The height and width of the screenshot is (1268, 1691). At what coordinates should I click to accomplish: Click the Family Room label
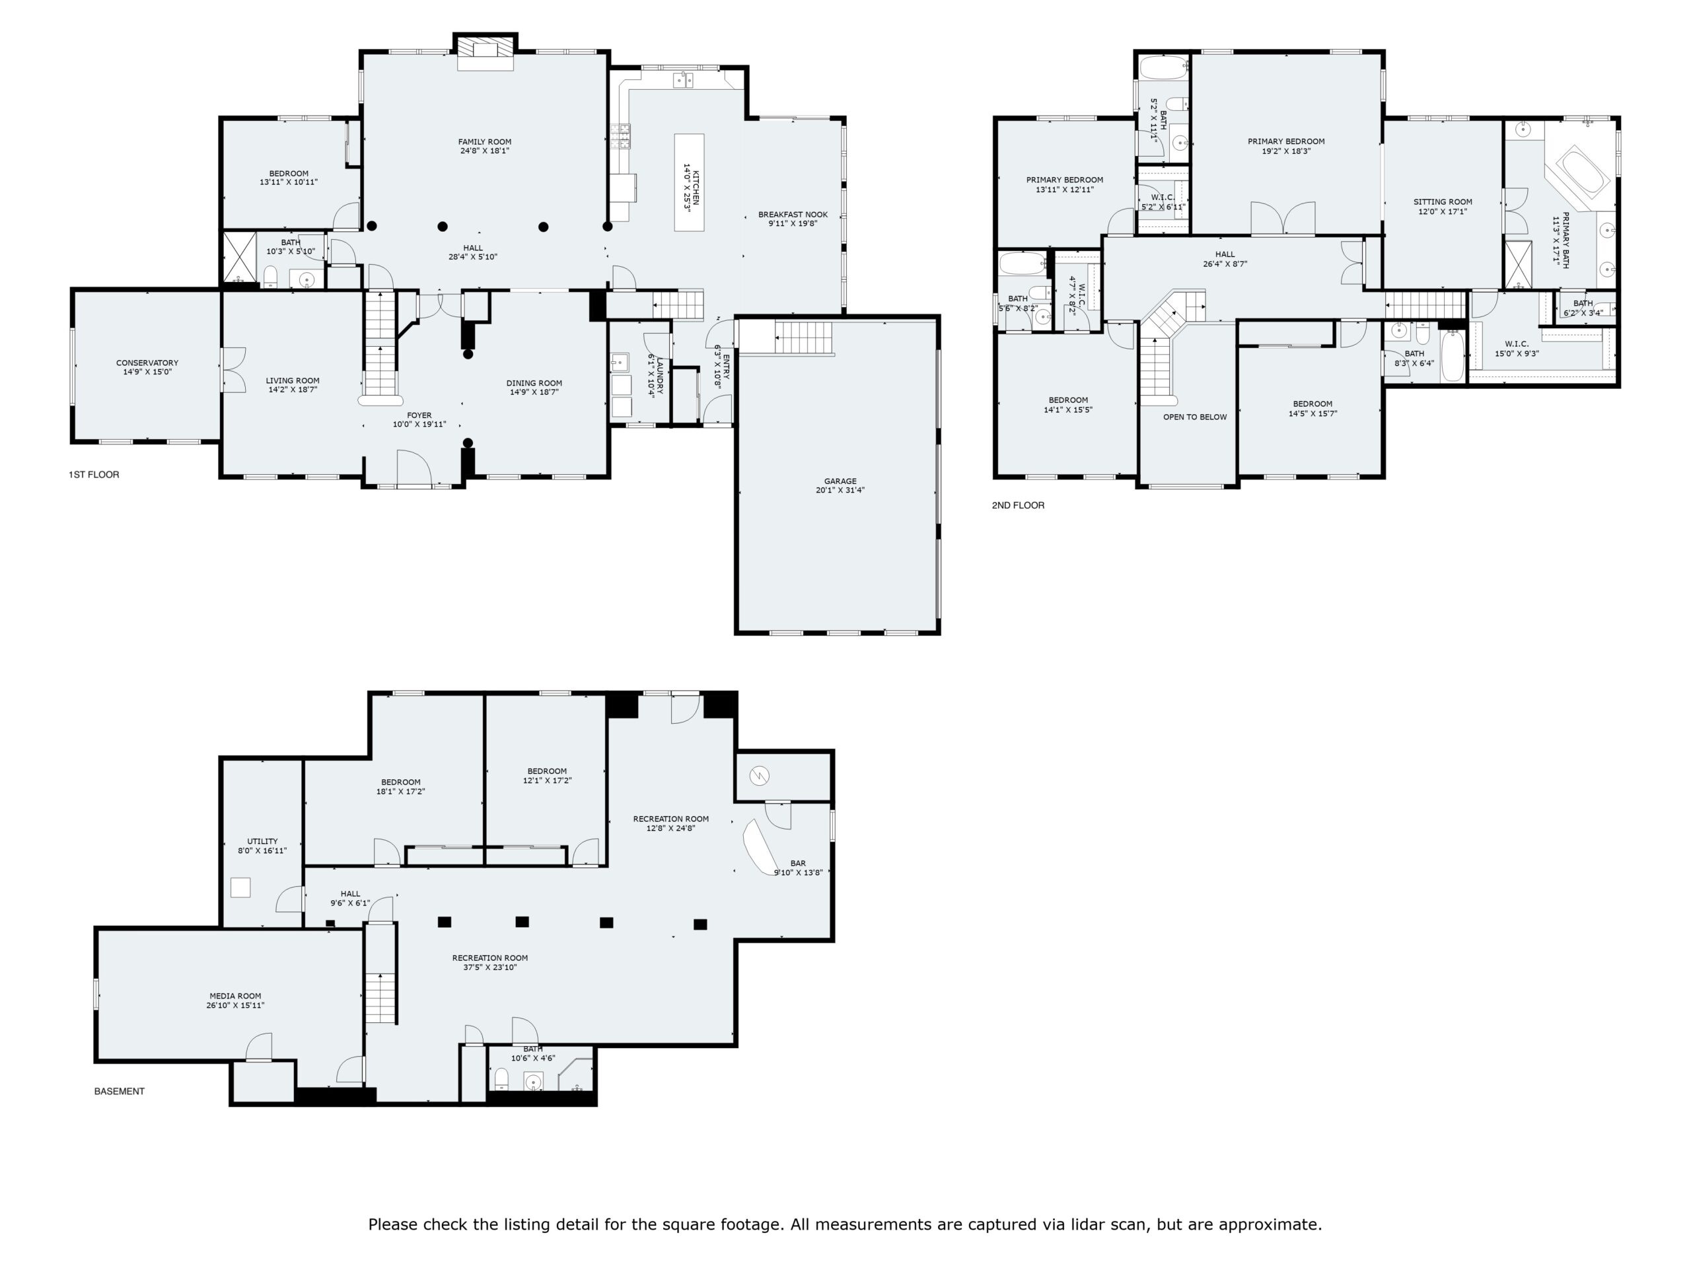485,146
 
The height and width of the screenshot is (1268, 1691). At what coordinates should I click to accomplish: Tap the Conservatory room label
147,368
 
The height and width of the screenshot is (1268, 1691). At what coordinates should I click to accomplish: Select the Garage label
840,486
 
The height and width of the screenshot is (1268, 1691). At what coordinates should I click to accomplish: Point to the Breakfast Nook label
793,219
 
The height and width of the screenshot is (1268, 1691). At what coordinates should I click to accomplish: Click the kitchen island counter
689,183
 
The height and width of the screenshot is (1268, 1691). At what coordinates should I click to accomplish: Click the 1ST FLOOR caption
94,475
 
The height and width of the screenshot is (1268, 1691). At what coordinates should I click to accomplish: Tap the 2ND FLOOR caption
1017,505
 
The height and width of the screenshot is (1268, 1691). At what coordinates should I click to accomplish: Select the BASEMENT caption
120,1092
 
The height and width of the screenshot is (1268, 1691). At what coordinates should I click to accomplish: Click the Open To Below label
1195,417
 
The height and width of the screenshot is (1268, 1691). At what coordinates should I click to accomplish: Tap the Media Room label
235,1001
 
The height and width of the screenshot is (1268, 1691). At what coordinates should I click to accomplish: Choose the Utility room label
262,846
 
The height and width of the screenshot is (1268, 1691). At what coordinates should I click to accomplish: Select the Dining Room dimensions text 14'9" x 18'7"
534,393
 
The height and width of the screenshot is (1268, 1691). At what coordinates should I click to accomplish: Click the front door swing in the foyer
414,468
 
